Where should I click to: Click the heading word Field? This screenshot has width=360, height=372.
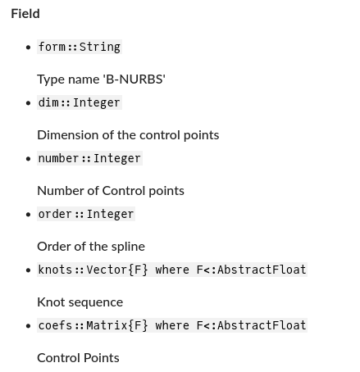click(25, 14)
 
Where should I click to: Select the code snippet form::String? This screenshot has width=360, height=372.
click(80, 47)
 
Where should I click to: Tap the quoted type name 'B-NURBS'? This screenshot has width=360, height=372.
click(134, 79)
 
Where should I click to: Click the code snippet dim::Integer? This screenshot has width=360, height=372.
click(80, 102)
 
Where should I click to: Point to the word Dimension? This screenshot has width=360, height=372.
click(68, 135)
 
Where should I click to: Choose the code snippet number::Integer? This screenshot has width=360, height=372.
click(89, 158)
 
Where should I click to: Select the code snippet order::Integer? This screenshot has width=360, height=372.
click(86, 214)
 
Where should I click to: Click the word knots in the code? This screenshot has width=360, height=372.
click(55, 270)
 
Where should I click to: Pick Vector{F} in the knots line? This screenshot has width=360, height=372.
click(117, 270)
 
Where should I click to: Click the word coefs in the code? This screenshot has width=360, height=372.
click(55, 325)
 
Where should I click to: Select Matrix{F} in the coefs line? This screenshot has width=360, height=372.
click(117, 325)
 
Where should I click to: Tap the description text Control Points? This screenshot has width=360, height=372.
click(78, 358)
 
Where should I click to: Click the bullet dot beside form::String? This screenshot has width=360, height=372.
click(28, 48)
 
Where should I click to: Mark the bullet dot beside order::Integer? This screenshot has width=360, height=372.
click(28, 215)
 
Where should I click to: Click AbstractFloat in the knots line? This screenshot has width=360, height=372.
click(262, 270)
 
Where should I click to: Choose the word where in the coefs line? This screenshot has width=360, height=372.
click(172, 325)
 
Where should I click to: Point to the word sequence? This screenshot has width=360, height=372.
click(96, 303)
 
